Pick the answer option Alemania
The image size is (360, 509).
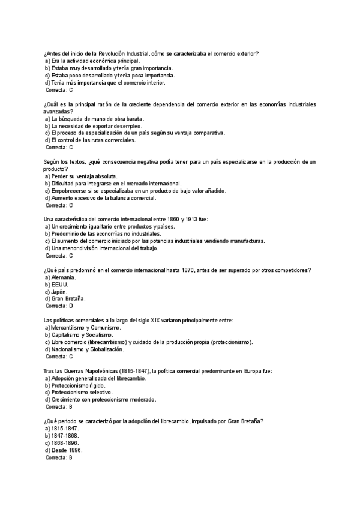tap(64, 277)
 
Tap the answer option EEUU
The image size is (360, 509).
tap(59, 284)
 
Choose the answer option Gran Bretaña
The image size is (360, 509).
tap(68, 298)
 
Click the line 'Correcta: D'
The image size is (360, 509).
tap(59, 306)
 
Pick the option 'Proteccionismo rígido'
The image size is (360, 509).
tap(81, 385)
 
